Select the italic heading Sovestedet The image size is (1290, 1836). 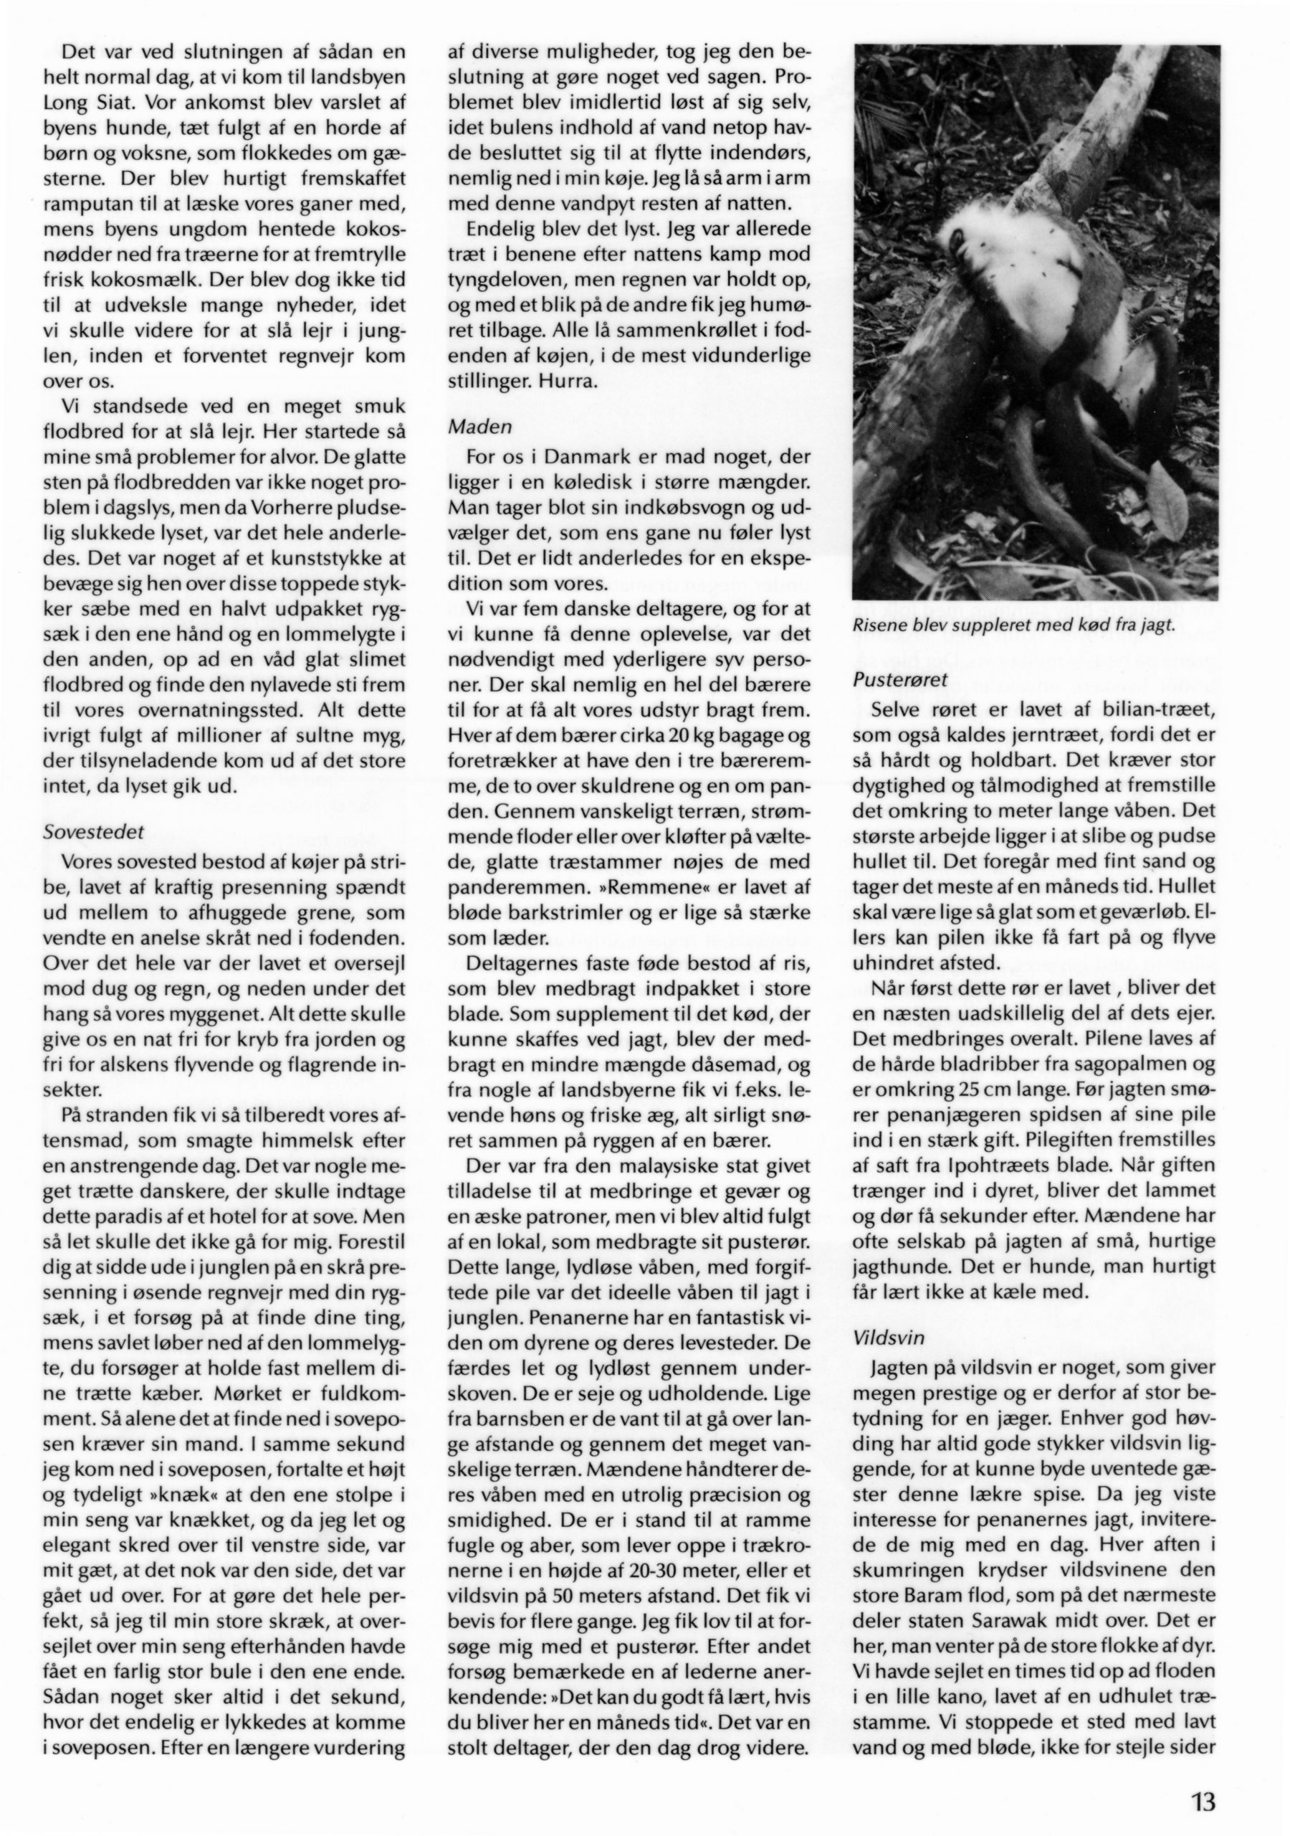[92, 831]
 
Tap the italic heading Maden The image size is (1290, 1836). [479, 427]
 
